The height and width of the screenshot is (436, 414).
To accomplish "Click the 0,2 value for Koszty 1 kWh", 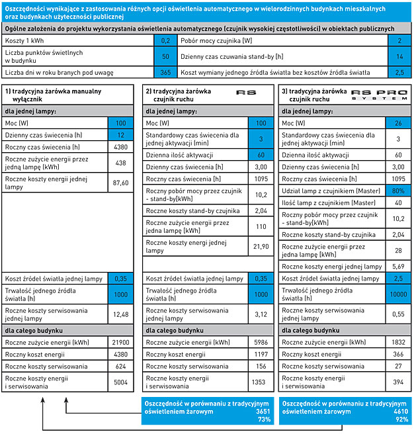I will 165,40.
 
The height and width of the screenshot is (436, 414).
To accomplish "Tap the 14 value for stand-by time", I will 399,57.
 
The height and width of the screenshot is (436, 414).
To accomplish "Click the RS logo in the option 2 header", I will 246,93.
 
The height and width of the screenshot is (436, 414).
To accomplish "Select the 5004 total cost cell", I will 120,382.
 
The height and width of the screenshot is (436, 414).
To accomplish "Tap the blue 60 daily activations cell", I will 261,154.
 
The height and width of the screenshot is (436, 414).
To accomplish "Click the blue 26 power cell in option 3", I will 398,123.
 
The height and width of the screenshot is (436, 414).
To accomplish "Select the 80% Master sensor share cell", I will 397,191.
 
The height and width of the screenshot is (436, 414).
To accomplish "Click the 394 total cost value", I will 397,382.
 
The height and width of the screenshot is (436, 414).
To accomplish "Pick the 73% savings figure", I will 263,419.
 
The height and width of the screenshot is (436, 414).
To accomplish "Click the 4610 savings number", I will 399,411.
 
